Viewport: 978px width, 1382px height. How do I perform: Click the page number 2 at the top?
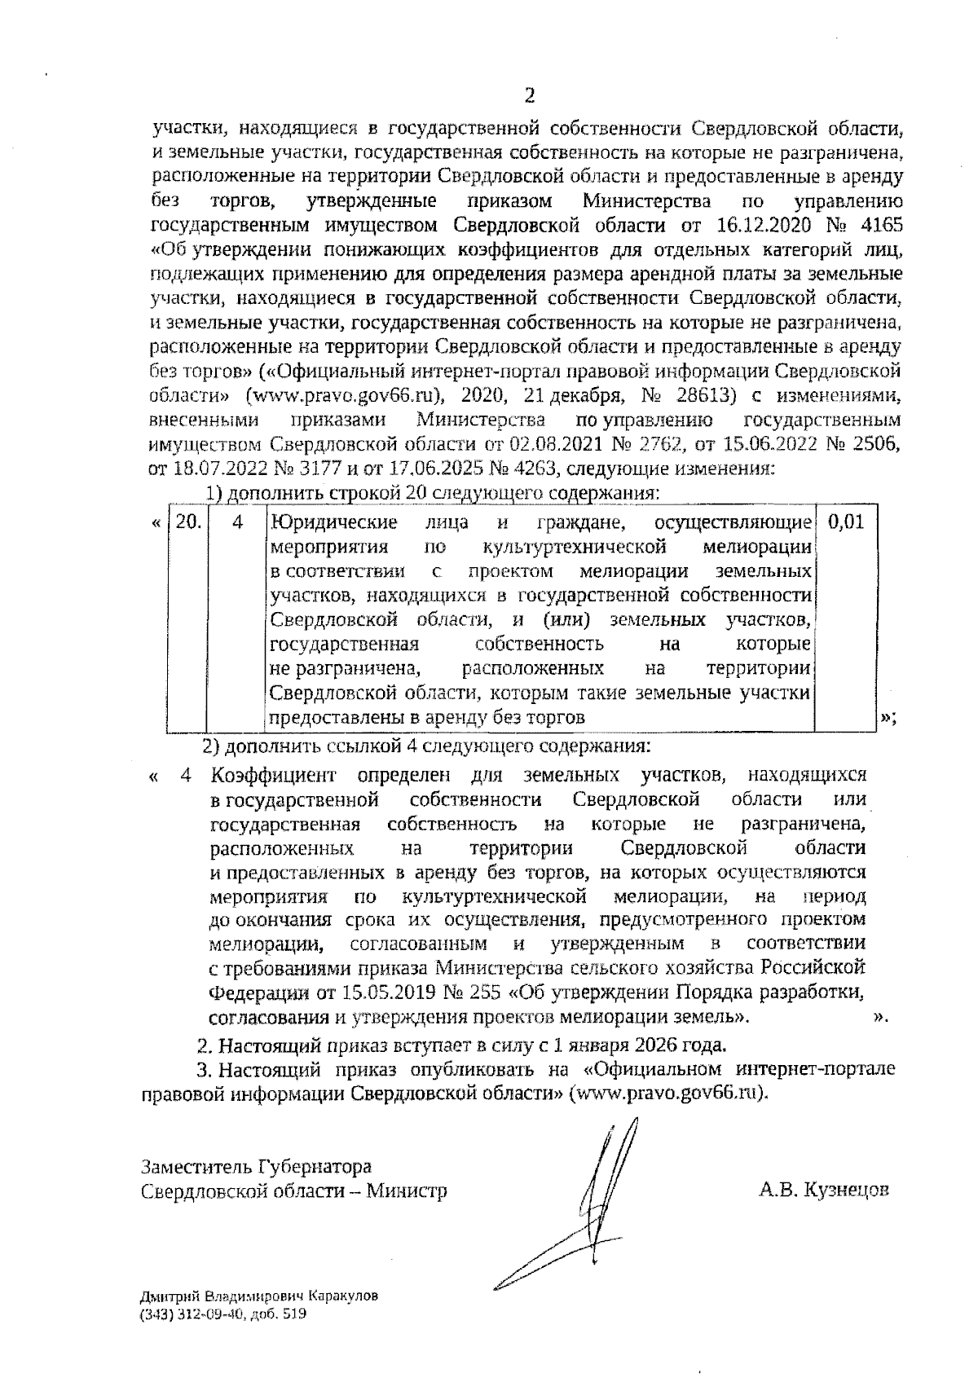pyautogui.click(x=530, y=97)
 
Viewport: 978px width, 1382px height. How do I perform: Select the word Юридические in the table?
pyautogui.click(x=334, y=522)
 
